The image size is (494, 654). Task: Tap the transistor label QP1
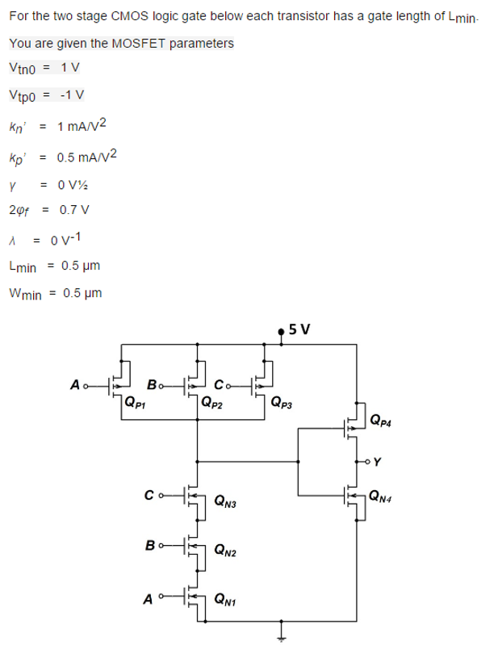point(136,403)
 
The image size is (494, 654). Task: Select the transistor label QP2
point(213,403)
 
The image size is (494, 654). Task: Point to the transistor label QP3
point(283,403)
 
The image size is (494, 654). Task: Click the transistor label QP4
point(383,420)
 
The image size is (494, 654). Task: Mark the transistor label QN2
point(225,551)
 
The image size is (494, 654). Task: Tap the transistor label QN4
point(383,498)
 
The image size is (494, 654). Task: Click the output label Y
point(378,462)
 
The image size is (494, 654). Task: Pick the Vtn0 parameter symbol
point(21,67)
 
